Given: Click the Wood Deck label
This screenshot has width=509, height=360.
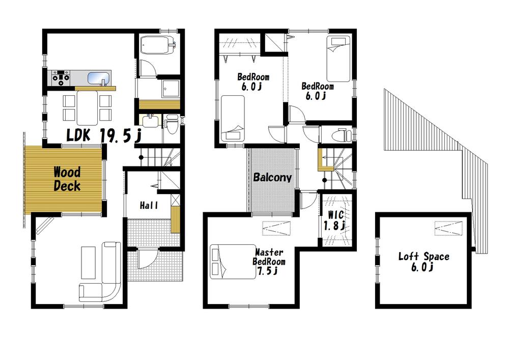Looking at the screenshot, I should tap(67, 179).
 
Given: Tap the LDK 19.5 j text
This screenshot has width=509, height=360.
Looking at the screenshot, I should tap(104, 135).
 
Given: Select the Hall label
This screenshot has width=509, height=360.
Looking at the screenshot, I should tap(149, 206).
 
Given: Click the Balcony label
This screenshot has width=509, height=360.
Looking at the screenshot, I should tap(272, 178).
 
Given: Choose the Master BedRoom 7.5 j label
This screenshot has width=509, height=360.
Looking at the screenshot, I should tap(269, 261).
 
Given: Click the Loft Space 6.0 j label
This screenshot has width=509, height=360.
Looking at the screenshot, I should tap(423, 261).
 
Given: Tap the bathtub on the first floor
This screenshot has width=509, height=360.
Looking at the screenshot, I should tap(157, 46).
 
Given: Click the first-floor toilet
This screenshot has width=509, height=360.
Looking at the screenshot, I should tap(172, 124).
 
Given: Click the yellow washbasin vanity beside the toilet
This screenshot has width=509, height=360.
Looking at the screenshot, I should tap(150, 121).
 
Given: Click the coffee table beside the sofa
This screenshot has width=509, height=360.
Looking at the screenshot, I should tap(88, 262).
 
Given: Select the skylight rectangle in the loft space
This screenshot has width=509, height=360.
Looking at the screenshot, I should tap(448, 228).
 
